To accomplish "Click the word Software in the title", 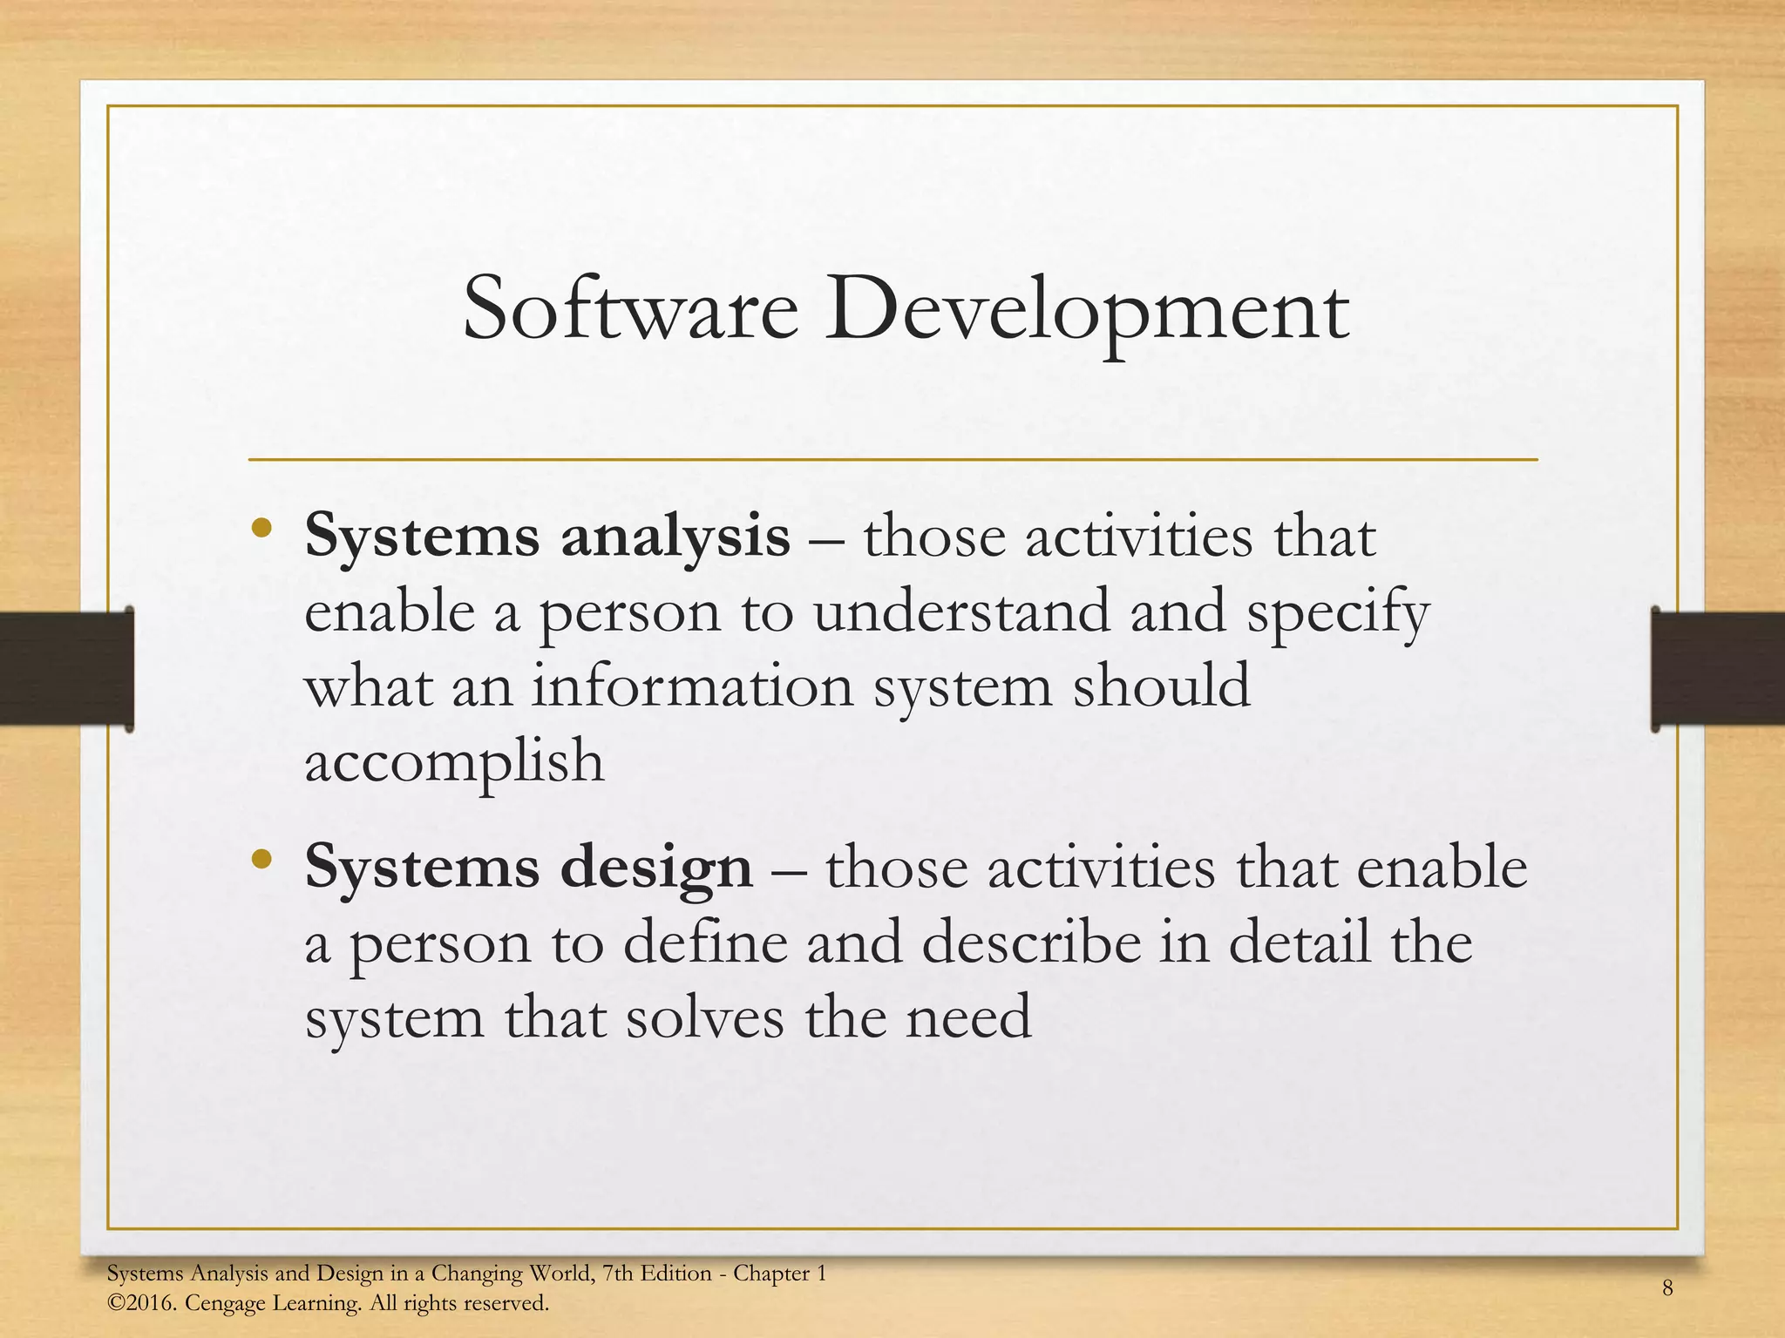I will coord(630,310).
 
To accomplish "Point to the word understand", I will coord(961,612).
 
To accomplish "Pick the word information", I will coord(692,686).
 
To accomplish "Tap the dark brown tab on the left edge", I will coord(66,668).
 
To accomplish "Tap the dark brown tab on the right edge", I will coord(1718,668).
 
